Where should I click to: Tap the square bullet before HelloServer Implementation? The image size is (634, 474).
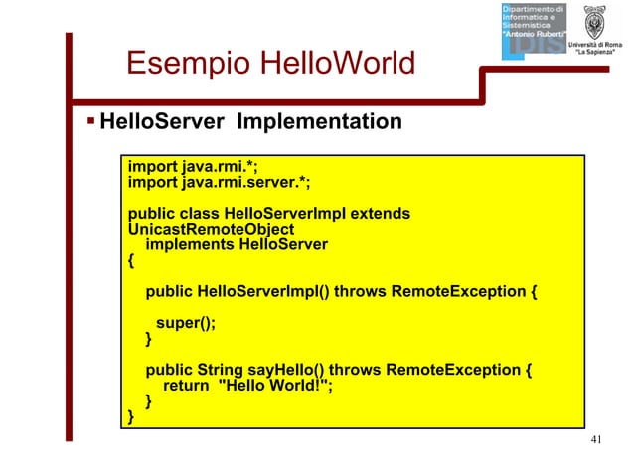click(89, 122)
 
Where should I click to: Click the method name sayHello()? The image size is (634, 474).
click(305, 371)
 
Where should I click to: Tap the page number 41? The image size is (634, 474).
click(596, 440)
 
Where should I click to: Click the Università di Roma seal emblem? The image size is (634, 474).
click(594, 22)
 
